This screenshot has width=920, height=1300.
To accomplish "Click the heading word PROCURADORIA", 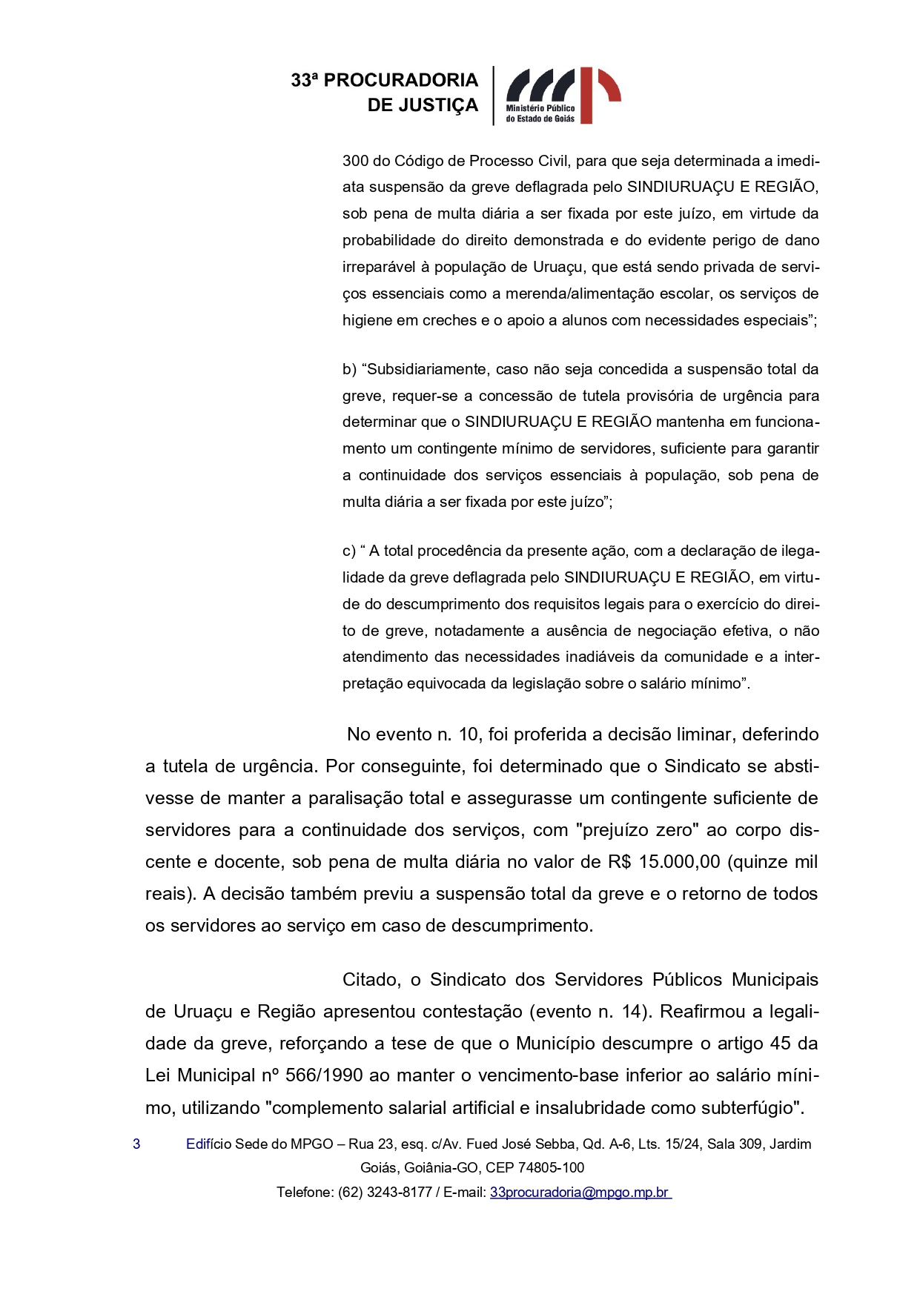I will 401,80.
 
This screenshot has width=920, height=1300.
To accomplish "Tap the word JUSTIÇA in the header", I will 444,106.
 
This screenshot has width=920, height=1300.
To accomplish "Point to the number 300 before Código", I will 355,161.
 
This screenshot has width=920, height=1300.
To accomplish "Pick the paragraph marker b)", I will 349,369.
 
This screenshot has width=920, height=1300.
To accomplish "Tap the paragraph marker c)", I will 348,551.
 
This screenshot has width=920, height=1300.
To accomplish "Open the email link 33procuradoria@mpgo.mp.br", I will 580,1193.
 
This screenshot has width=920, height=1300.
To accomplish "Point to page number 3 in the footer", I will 136,1144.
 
